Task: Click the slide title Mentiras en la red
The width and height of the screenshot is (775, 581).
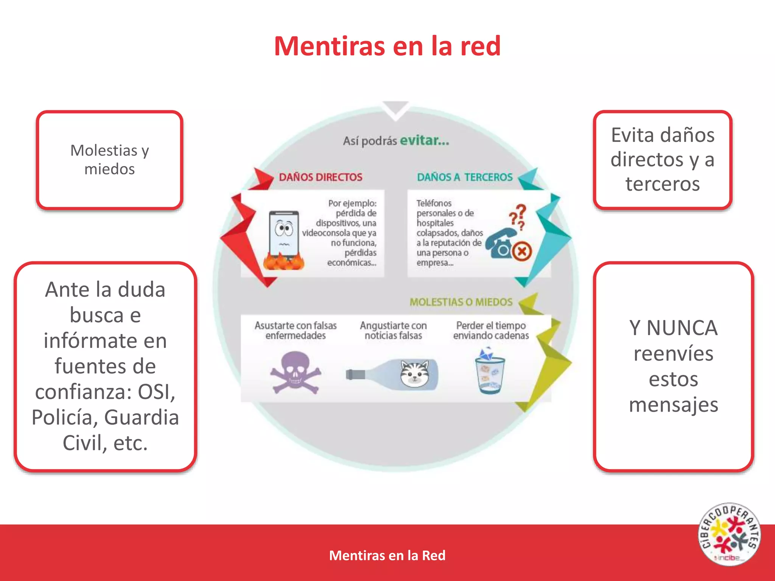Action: pos(387,46)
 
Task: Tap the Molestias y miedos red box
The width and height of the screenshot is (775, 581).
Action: pos(110,160)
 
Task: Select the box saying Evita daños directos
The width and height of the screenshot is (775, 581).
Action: pos(662,160)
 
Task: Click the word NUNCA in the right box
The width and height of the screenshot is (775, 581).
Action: pos(682,328)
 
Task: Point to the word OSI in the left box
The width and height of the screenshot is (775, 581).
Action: pos(156,392)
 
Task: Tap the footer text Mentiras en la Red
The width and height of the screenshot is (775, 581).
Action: pos(387,555)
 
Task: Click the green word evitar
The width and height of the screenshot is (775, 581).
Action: pos(424,140)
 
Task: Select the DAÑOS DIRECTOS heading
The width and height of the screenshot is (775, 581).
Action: pos(321,177)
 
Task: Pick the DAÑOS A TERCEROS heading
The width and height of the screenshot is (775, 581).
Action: pos(465,177)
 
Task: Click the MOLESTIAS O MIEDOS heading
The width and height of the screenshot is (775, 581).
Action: pos(461,302)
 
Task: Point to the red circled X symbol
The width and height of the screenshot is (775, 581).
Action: pos(522,251)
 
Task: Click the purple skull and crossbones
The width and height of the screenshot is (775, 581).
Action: pos(295,373)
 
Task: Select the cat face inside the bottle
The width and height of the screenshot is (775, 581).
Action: pos(415,373)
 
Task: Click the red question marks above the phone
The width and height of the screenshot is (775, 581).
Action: pos(518,217)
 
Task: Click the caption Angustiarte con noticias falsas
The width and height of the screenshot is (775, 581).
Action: pos(393,331)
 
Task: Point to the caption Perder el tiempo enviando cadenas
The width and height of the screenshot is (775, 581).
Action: pos(491,331)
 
